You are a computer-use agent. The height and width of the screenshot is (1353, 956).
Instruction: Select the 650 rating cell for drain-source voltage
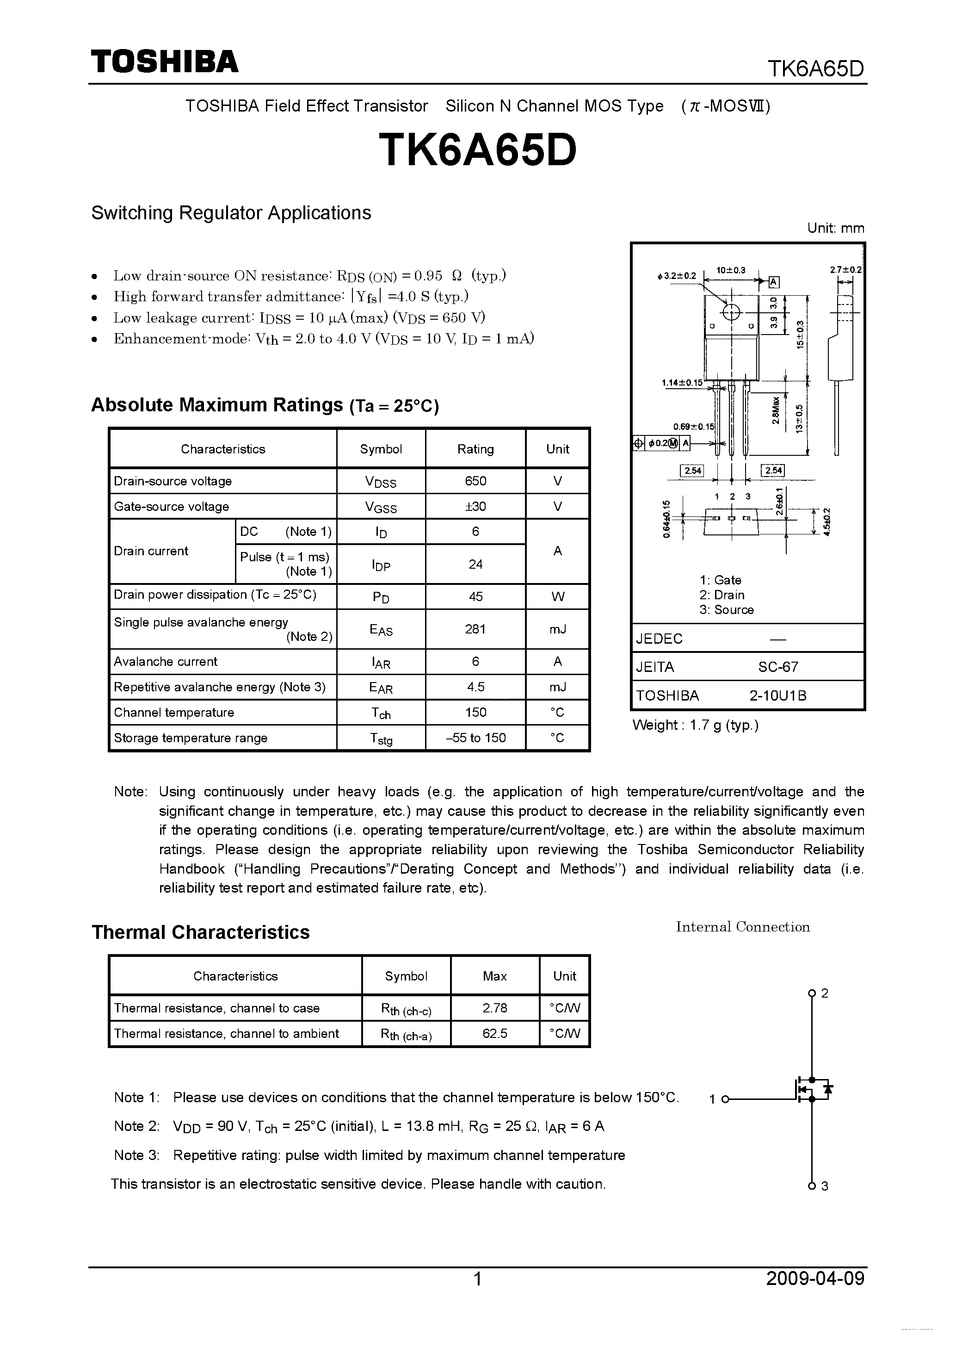475,481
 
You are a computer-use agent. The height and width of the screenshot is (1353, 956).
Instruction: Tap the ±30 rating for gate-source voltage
475,506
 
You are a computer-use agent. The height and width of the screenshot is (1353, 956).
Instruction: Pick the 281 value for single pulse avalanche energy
475,629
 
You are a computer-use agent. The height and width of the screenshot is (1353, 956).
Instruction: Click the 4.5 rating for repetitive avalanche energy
475,687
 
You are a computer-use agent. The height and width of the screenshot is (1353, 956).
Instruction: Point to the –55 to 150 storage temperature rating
475,738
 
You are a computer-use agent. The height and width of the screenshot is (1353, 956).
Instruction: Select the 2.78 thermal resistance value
495,1008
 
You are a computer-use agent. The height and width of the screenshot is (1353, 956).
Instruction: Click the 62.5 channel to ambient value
495,1034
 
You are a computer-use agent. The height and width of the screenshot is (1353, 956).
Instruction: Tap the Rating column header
475,449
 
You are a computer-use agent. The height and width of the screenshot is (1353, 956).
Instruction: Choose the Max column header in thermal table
495,976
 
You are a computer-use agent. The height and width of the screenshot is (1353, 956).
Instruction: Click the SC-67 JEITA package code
778,667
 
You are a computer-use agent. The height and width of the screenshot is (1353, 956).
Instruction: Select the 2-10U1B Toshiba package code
777,696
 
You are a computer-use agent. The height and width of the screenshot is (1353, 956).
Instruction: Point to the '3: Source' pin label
726,610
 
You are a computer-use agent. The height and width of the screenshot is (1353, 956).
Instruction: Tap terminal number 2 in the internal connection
825,993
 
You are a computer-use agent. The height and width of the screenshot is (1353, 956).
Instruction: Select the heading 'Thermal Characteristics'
200,932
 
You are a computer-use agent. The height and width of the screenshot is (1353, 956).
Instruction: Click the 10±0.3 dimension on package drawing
731,271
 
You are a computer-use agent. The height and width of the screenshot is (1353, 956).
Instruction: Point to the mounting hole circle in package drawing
731,312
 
